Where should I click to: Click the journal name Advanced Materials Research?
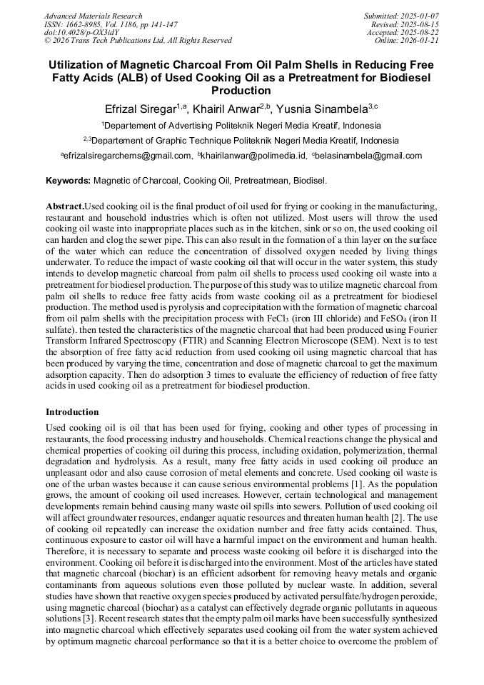(x=93, y=16)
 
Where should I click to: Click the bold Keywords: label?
(x=68, y=181)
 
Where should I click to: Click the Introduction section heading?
(x=72, y=412)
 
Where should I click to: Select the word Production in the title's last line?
(x=241, y=91)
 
